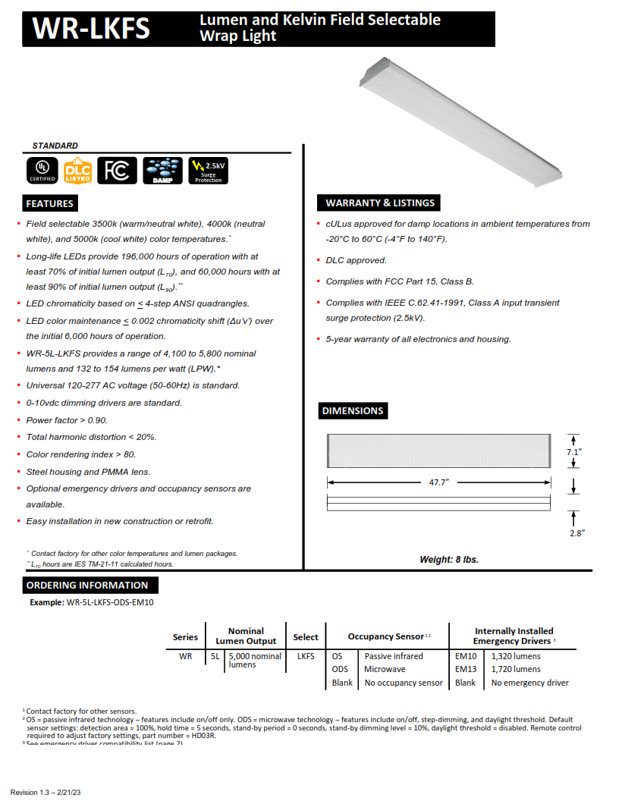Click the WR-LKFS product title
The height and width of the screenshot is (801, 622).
point(91,29)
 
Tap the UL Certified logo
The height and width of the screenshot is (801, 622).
point(42,171)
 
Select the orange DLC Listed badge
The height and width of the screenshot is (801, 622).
point(77,171)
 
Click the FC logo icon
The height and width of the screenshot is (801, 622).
point(118,171)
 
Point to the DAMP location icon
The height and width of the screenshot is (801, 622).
point(162,171)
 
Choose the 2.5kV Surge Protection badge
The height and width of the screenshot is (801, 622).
point(208,171)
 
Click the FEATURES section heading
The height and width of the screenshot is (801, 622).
point(49,203)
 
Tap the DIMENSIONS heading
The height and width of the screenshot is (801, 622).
point(353,410)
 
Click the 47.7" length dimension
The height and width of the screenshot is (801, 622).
point(438,482)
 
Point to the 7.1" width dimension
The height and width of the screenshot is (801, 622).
point(574,452)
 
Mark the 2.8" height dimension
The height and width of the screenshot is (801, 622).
point(576,532)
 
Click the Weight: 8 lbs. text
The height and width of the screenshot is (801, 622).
point(449,560)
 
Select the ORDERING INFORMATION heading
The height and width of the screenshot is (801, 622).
point(87,585)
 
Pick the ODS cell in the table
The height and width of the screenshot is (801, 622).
point(339,669)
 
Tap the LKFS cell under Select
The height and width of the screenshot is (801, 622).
point(306,656)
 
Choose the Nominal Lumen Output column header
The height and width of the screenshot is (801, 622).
point(246,636)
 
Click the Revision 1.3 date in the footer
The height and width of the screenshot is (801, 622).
point(46,792)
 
